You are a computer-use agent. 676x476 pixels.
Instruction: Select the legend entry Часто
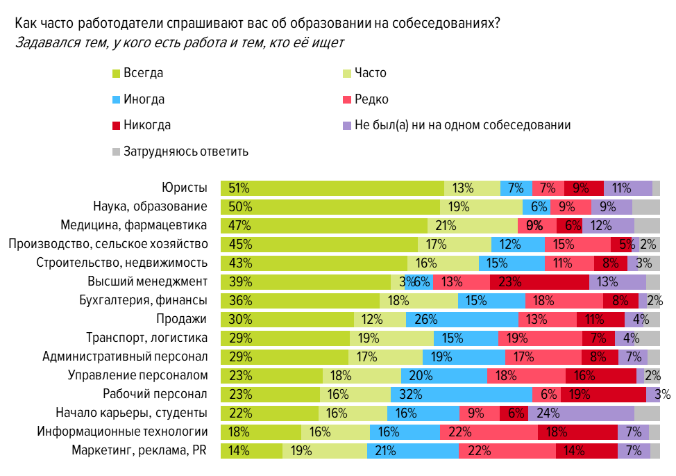click(x=370, y=73)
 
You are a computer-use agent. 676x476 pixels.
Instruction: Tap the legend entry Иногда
click(x=144, y=99)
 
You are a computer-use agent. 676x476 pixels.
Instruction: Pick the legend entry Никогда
click(x=146, y=125)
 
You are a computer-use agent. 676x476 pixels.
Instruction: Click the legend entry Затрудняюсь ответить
click(x=185, y=151)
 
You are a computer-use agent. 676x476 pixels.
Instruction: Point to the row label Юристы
click(x=185, y=188)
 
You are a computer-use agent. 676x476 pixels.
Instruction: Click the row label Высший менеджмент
click(x=148, y=281)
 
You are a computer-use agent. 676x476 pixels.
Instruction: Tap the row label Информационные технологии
click(x=123, y=432)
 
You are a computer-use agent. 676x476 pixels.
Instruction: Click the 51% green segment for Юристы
click(x=332, y=188)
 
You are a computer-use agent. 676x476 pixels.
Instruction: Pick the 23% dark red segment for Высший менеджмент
click(x=539, y=281)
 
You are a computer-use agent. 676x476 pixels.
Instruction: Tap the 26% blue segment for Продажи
click(x=462, y=319)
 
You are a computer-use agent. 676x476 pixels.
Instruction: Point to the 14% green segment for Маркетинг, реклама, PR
click(x=251, y=450)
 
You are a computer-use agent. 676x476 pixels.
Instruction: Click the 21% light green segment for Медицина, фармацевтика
click(x=473, y=225)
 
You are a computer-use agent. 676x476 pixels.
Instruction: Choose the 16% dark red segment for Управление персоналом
click(x=601, y=375)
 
